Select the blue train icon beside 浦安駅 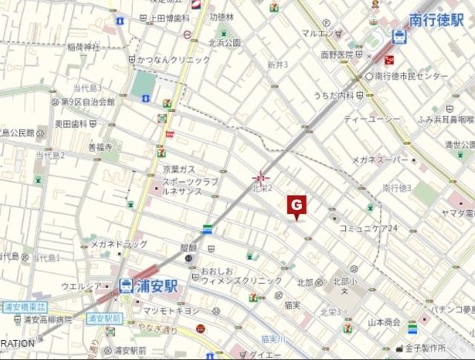[x=126, y=285]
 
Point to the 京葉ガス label [x=179, y=170]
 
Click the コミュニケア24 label [x=369, y=228]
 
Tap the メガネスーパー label [x=376, y=160]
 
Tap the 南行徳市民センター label [x=411, y=76]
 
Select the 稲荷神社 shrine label [x=84, y=47]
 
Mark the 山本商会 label [x=384, y=322]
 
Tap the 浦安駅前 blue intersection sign [x=104, y=318]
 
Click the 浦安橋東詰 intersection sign [x=24, y=307]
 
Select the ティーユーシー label [x=371, y=119]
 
